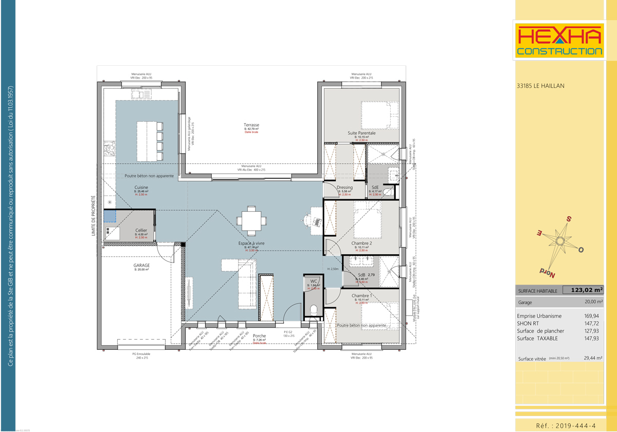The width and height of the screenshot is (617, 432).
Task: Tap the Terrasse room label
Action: (x=251, y=125)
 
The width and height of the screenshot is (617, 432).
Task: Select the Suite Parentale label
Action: (x=361, y=133)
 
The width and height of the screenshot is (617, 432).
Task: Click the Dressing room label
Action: (x=344, y=187)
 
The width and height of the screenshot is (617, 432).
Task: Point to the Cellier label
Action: (x=141, y=231)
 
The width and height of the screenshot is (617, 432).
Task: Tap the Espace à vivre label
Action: (x=251, y=243)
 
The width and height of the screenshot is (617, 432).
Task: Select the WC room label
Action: (x=314, y=281)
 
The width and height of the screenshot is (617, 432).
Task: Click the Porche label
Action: (x=260, y=336)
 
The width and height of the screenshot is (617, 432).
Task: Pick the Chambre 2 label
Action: (x=361, y=243)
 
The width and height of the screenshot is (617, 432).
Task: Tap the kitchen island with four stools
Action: (x=149, y=141)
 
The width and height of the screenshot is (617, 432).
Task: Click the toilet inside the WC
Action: (x=313, y=310)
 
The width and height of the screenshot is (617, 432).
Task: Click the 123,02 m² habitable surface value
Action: (x=586, y=290)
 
